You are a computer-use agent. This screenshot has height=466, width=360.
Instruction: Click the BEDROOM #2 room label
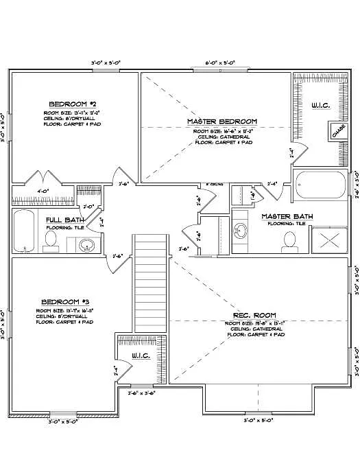point(67,104)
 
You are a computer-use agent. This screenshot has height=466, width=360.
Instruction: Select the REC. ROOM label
point(254,315)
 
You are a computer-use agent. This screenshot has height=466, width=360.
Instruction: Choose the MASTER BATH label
point(287,216)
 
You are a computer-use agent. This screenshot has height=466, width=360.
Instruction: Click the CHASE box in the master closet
point(338,131)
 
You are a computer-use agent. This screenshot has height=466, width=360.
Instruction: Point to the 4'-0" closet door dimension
point(43,191)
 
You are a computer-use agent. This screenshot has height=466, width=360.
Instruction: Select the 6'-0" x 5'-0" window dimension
point(220,62)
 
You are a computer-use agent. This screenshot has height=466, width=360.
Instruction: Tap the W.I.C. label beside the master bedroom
point(322,105)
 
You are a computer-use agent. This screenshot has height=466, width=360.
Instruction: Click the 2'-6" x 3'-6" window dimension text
point(141,394)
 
